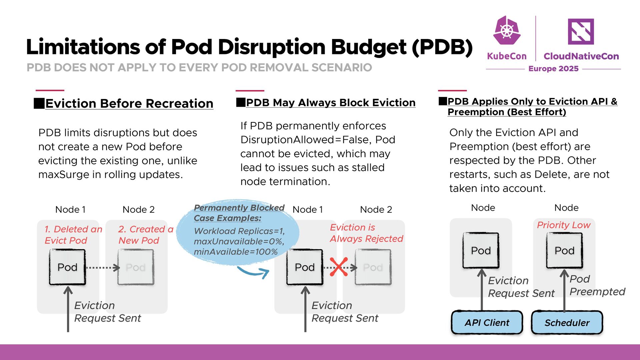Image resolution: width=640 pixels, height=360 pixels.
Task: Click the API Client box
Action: [487, 322]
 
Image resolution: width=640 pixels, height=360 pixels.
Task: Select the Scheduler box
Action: [567, 322]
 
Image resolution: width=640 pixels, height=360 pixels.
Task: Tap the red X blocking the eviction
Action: [339, 267]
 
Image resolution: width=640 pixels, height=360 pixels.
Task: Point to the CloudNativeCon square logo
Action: [581, 31]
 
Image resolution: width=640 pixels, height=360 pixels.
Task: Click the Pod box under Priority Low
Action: [564, 250]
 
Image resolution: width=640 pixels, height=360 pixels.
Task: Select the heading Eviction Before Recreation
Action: [129, 104]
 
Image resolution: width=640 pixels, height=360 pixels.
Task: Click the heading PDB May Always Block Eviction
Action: [330, 103]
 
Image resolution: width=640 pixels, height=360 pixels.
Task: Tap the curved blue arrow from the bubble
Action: [253, 272]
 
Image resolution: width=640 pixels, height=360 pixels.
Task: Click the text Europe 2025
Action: [553, 69]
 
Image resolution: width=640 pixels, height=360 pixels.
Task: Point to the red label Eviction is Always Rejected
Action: [366, 233]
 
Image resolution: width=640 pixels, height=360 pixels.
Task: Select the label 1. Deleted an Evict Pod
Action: [73, 235]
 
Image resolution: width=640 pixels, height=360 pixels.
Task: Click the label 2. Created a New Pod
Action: [146, 235]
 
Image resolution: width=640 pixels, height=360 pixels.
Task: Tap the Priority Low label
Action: [563, 225]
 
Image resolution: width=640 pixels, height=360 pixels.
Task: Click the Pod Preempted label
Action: [597, 285]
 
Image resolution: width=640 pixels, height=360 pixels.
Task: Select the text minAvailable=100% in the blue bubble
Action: [236, 252]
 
